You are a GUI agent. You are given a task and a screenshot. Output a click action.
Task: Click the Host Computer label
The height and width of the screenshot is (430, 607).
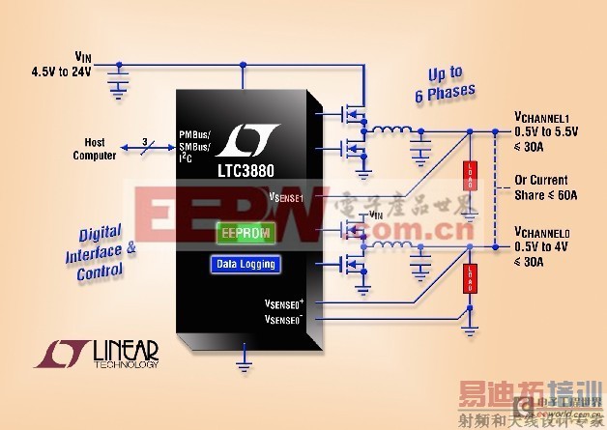click(x=95, y=149)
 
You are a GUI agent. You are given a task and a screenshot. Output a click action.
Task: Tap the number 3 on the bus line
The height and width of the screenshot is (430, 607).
click(x=144, y=143)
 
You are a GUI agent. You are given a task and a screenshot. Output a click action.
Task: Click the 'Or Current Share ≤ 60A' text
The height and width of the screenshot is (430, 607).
click(x=541, y=187)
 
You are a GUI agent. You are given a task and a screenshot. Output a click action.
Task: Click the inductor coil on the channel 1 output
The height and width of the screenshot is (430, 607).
click(x=390, y=132)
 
